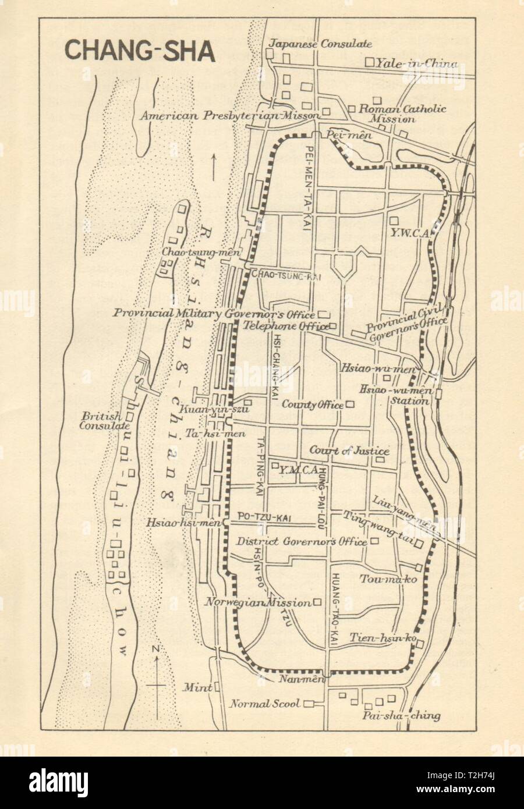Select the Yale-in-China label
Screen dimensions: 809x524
416,63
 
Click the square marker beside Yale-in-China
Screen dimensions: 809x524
369,62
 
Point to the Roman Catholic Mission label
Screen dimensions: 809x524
394,113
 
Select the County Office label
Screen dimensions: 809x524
313,404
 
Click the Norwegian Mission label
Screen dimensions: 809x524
257,602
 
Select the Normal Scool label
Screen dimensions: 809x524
265,704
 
